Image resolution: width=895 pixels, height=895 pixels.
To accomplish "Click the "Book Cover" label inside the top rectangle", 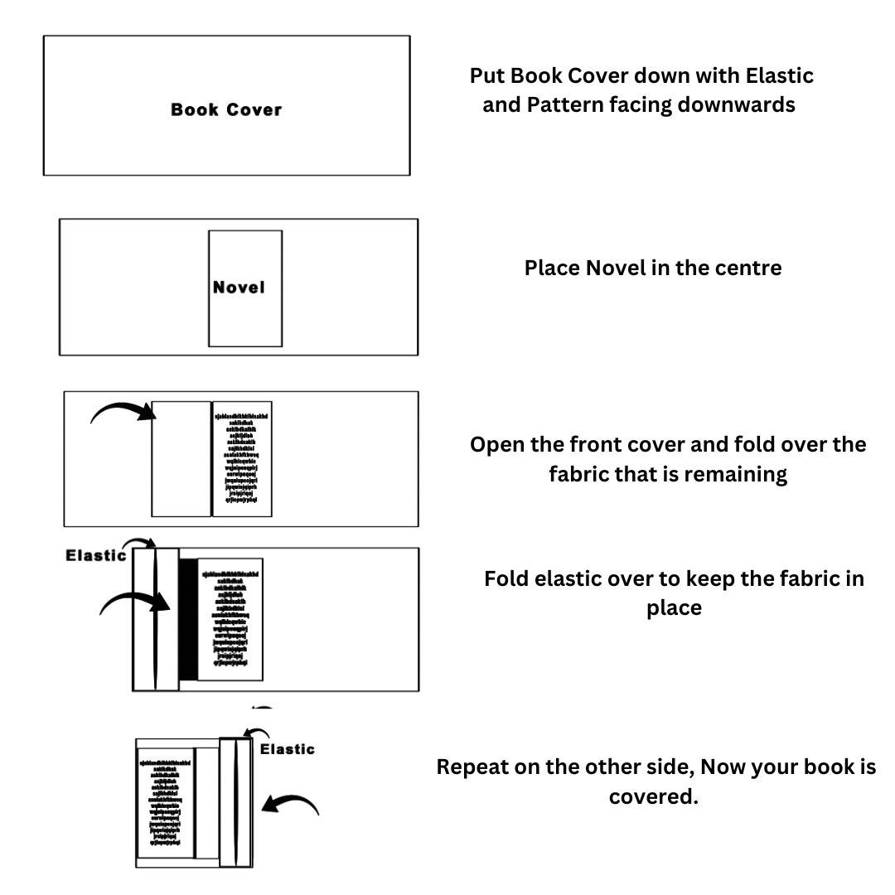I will click(x=226, y=109).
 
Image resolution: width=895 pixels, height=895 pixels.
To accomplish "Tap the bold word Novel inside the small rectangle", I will click(x=239, y=288).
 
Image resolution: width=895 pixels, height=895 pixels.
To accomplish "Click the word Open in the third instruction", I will click(x=497, y=444).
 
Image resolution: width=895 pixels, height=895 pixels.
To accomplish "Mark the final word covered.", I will click(x=652, y=798).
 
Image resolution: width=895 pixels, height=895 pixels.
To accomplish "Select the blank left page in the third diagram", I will click(x=181, y=458).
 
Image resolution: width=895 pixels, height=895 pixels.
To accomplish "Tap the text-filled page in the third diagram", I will click(x=242, y=458).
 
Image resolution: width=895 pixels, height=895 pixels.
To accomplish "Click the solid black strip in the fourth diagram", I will click(x=188, y=619).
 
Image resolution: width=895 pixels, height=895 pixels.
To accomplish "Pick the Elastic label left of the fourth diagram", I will click(x=95, y=555).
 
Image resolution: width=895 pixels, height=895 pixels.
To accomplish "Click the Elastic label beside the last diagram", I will click(x=288, y=749).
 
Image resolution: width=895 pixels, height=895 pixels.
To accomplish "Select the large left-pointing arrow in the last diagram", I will click(x=289, y=803).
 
